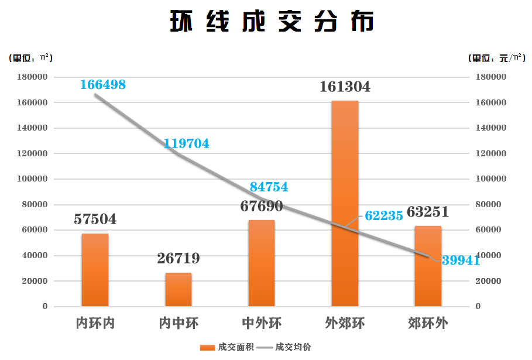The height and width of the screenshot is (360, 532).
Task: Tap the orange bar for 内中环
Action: [178, 289]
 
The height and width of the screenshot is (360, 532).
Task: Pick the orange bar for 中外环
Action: [262, 263]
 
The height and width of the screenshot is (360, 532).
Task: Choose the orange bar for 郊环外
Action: [428, 266]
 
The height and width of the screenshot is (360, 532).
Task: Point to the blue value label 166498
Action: [103, 84]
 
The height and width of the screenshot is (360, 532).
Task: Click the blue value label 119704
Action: [186, 143]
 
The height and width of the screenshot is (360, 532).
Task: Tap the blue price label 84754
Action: [269, 187]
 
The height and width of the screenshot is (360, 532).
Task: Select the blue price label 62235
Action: [384, 215]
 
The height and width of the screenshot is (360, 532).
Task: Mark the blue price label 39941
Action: [461, 260]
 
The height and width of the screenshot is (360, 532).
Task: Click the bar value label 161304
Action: [345, 87]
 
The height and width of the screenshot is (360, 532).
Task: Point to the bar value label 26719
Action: [178, 258]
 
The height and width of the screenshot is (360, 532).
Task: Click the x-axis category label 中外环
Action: [262, 323]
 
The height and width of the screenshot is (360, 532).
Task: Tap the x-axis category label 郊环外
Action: [428, 323]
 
